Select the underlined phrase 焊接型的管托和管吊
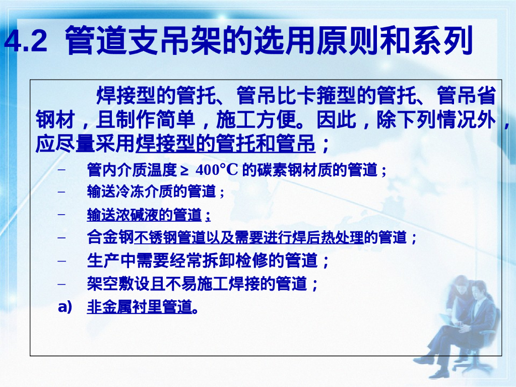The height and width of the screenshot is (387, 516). tap(225, 145)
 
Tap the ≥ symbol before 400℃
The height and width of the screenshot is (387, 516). tap(184, 170)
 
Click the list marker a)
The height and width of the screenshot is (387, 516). tap(65, 306)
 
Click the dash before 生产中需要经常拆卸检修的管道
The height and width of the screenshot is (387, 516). tap(62, 261)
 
